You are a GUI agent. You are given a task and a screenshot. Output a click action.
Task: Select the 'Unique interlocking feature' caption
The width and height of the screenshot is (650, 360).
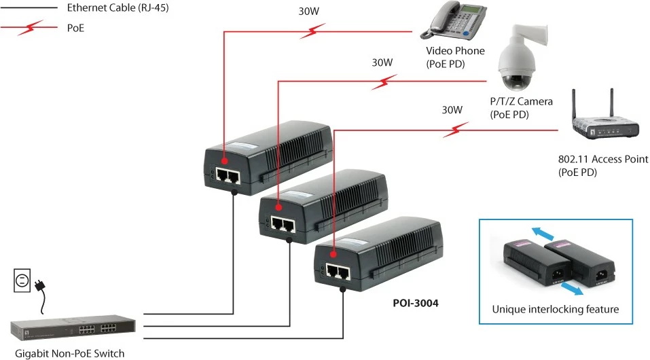[x=555, y=309]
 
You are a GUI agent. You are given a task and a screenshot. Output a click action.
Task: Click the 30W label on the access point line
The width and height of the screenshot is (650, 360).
[x=452, y=109]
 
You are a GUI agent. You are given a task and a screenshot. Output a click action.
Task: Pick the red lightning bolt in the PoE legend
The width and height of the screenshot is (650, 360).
[x=30, y=28]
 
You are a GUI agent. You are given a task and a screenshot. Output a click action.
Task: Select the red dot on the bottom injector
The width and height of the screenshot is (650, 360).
[x=333, y=255]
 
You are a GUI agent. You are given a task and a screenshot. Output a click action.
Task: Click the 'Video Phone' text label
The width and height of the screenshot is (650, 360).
[x=455, y=51]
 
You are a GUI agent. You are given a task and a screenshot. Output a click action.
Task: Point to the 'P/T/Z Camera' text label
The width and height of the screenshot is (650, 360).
[x=521, y=101]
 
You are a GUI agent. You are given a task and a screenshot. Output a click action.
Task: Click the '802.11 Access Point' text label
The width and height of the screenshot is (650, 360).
[x=602, y=159]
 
